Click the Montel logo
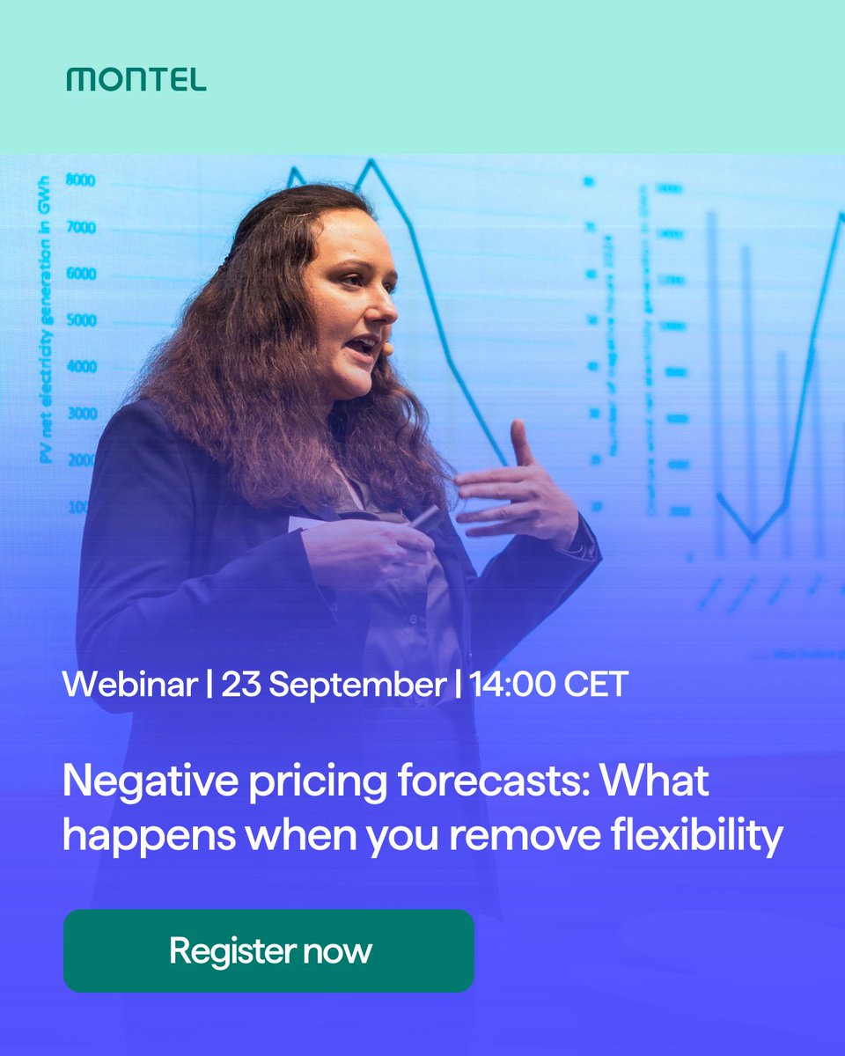pos(136,80)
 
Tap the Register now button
pos(268,951)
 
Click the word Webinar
pos(129,684)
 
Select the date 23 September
pos(334,684)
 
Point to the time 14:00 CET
pos(547,684)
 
